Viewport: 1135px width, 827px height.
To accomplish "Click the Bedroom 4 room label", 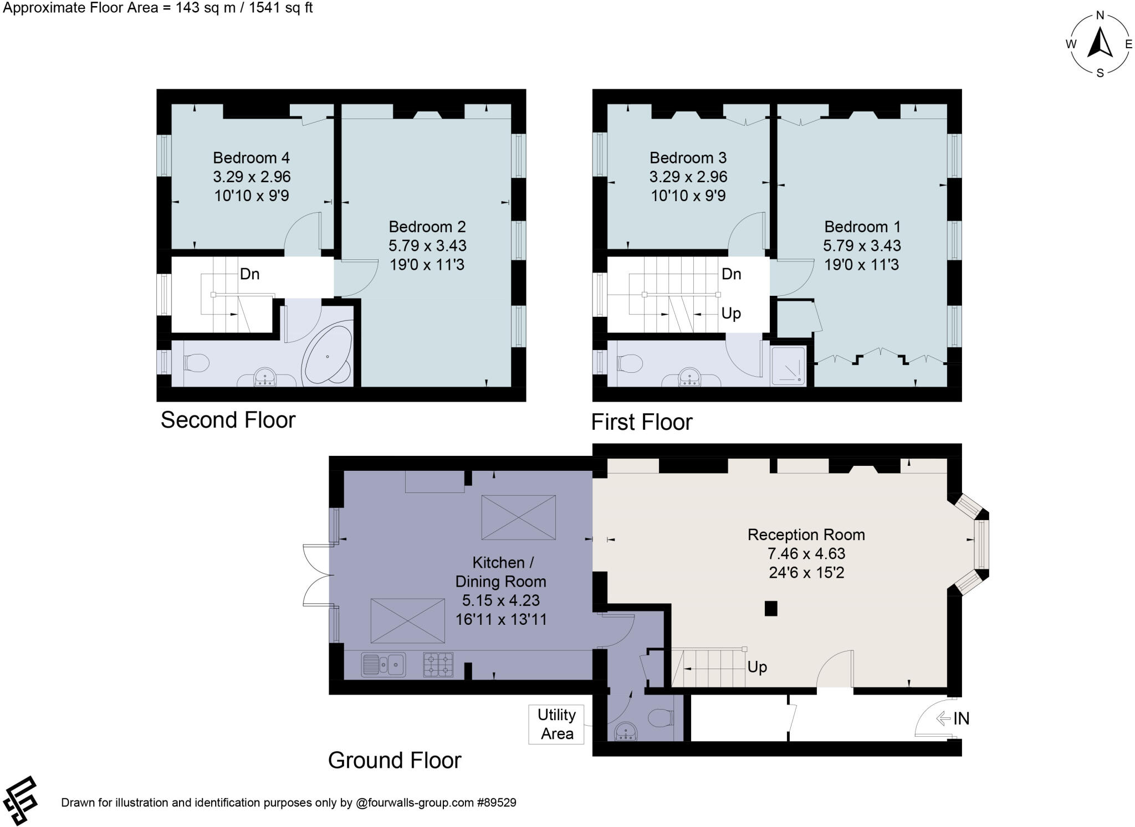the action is pos(251,158).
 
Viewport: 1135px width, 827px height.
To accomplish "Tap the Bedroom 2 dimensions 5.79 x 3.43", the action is pos(427,245).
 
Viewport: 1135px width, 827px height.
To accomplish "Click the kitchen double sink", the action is pos(383,665).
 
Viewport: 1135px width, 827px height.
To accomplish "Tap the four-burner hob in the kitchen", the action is pos(438,665).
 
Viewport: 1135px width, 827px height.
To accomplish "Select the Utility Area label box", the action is pos(556,724).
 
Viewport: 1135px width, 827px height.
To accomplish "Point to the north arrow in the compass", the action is pos(1100,43).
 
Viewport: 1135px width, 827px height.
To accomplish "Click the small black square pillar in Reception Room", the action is pos(770,608).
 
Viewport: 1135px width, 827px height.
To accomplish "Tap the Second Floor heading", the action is pos(228,420).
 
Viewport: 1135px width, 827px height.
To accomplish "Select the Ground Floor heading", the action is pos(395,760).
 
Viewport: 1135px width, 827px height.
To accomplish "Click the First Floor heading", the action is pos(642,422).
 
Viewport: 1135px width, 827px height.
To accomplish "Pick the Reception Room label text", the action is pos(806,535).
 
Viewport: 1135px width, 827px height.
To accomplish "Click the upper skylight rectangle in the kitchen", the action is pos(518,517).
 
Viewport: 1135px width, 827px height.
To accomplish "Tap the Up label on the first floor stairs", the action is pos(731,314).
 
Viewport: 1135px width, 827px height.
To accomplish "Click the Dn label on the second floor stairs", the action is pos(249,274).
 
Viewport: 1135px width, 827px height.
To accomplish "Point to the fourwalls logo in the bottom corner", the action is pos(20,800).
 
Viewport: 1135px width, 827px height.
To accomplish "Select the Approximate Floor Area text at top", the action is pos(158,8).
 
